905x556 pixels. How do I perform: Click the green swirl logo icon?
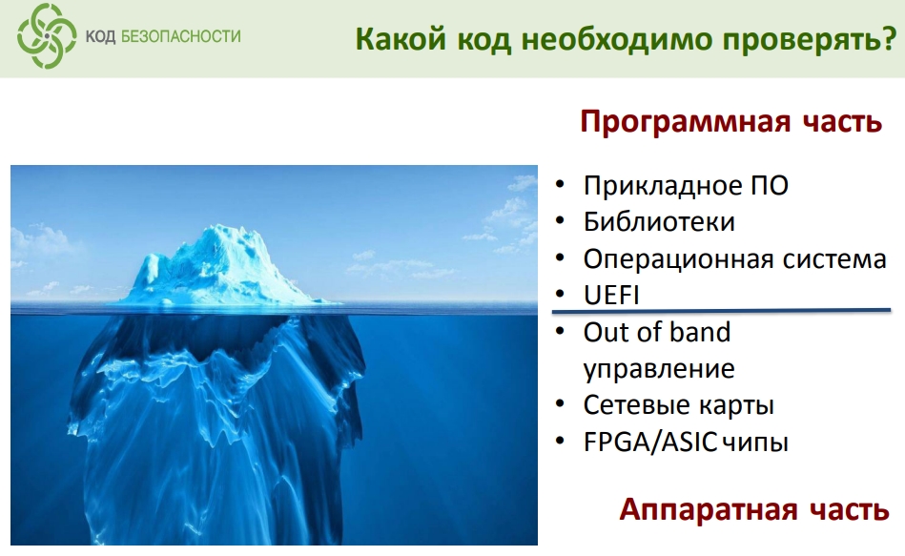tap(46, 36)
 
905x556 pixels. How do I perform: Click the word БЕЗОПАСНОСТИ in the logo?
tap(180, 36)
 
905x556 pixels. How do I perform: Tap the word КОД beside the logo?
tap(100, 37)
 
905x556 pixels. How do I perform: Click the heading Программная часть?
tap(730, 122)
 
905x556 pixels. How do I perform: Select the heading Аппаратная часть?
tap(753, 510)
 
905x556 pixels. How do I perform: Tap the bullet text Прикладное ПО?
tap(686, 186)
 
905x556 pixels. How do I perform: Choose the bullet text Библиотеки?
tap(659, 222)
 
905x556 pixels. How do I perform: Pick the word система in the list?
tap(834, 259)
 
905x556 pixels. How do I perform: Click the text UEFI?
tap(611, 296)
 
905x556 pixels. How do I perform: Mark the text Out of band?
tap(657, 333)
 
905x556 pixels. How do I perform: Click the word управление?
tap(659, 369)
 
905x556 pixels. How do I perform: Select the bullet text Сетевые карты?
tap(679, 405)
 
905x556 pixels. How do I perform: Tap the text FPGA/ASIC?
tap(649, 443)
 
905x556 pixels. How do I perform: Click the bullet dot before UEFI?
tap(559, 295)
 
